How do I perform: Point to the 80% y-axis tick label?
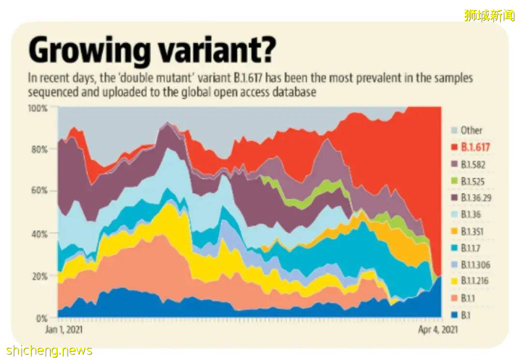click(x=39, y=149)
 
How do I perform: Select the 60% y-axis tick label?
click(x=39, y=191)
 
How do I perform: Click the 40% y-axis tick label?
click(x=39, y=234)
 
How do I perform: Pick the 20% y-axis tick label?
click(x=39, y=276)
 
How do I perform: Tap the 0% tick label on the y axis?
click(x=41, y=318)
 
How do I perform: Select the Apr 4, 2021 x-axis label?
click(x=437, y=330)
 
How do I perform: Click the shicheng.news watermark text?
click(x=49, y=350)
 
